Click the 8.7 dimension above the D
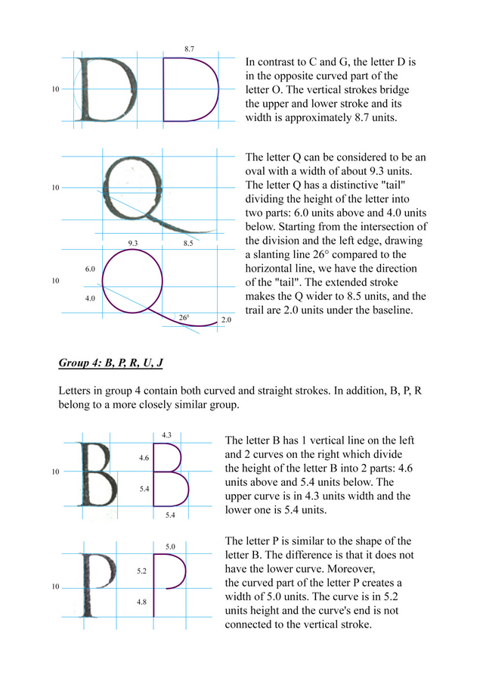(x=189, y=48)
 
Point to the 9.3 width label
(x=133, y=243)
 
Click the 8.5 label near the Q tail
(x=187, y=243)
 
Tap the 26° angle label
(x=184, y=318)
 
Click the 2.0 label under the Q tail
(x=226, y=320)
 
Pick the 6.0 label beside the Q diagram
(x=90, y=269)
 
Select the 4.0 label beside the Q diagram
(x=90, y=299)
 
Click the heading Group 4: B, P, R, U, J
(x=111, y=363)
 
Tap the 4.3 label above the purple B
(x=168, y=434)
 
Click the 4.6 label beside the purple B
(x=144, y=458)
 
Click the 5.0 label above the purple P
(x=170, y=546)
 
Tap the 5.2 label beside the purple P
(x=141, y=571)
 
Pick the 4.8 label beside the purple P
(x=141, y=602)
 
